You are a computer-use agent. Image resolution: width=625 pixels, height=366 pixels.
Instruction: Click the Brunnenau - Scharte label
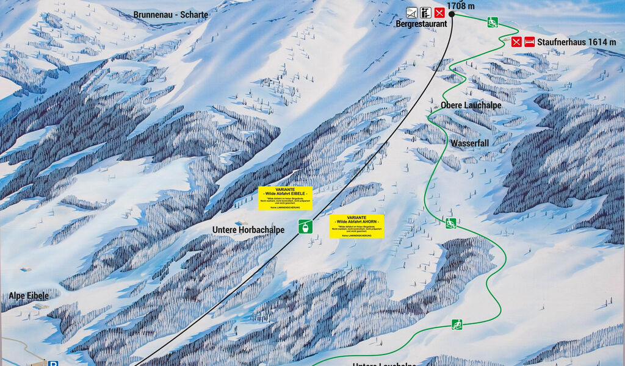[171, 15]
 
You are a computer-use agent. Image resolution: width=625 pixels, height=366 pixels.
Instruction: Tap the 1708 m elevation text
[461, 6]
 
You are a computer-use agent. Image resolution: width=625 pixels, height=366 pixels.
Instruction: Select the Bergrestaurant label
[421, 24]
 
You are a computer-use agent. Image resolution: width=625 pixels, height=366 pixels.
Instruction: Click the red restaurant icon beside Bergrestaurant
[439, 12]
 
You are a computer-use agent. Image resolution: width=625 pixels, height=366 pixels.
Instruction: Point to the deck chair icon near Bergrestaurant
[412, 12]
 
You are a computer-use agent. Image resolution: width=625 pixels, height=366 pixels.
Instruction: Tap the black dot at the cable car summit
[452, 13]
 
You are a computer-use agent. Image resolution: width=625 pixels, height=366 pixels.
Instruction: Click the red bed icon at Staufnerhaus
[529, 41]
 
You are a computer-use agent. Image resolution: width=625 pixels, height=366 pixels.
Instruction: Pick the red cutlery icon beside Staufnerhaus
[516, 41]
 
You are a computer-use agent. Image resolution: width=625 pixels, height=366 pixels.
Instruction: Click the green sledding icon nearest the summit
[493, 23]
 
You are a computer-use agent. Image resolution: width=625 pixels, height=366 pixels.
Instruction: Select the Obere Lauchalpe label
[471, 105]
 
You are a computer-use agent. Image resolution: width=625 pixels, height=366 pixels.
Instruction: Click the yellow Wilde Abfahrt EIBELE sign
[285, 198]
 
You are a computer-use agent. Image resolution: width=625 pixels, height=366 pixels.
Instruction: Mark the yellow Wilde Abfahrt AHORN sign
[356, 226]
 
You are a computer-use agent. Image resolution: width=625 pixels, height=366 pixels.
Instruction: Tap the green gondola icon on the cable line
[305, 226]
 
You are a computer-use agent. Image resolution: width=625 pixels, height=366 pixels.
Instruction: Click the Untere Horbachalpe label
[248, 229]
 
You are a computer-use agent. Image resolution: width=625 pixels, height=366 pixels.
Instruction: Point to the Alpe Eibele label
[29, 295]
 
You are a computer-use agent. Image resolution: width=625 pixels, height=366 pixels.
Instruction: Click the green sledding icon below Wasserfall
[450, 223]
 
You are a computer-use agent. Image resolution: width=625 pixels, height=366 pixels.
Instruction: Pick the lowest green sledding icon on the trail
[457, 325]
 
